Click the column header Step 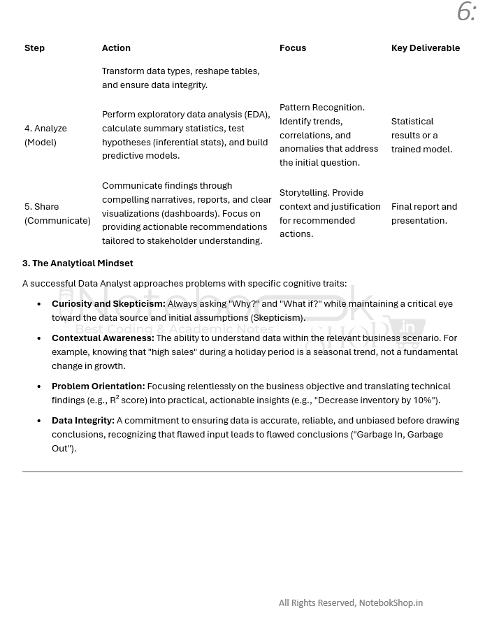click(x=34, y=48)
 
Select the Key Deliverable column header click(x=425, y=48)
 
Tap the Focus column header click(x=293, y=48)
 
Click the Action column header click(x=116, y=48)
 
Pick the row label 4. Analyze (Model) click(x=45, y=135)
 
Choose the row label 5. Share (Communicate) click(x=57, y=213)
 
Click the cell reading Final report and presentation click(x=424, y=213)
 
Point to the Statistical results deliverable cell click(x=421, y=135)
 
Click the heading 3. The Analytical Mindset click(x=78, y=263)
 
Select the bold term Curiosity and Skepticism click(x=108, y=304)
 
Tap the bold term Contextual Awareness click(x=103, y=338)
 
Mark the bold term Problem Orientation click(x=98, y=386)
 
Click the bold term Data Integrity click(x=83, y=421)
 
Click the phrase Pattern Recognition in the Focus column click(x=321, y=108)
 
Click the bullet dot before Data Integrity click(x=39, y=421)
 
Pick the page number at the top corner click(x=466, y=12)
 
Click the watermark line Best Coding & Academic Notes click(x=174, y=328)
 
